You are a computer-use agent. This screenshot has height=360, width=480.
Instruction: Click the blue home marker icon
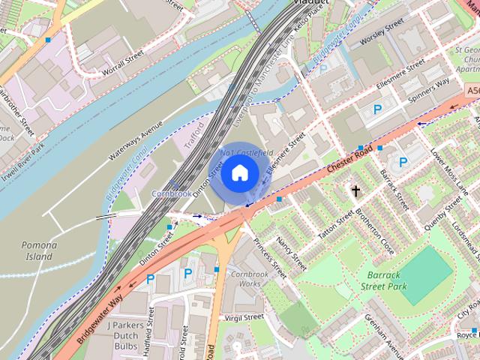[239, 173]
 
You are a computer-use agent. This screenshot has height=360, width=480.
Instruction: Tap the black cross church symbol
[355, 190]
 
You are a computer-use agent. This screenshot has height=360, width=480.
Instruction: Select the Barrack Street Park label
[383, 281]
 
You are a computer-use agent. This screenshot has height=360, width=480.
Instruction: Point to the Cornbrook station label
[171, 193]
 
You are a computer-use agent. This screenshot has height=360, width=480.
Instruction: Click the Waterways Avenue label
[135, 142]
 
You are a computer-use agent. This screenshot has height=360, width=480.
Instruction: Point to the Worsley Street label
[384, 32]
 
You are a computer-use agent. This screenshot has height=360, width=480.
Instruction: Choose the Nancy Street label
[291, 252]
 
